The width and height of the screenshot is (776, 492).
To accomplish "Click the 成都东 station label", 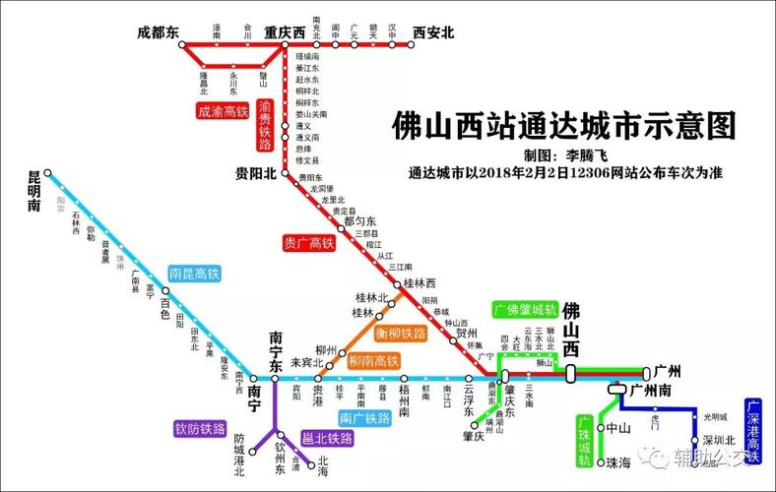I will pos(158,32).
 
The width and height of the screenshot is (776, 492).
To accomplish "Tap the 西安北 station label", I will pos(434,32).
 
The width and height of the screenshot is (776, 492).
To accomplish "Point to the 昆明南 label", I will pos(34,192).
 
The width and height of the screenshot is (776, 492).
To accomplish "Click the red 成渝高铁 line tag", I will pos(223,111).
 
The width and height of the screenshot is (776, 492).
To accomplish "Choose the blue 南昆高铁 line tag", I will pos(194,274).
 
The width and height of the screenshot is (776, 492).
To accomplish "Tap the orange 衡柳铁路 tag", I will pos(401,334).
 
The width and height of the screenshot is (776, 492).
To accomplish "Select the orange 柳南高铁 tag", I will pos(373,362).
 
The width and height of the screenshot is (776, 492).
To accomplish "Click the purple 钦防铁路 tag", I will pos(189,428).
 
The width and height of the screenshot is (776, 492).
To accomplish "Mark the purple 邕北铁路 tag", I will pos(328,439).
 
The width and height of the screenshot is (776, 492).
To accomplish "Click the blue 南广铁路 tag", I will pos(364,419).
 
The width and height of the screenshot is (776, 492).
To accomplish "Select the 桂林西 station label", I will pos(420,283).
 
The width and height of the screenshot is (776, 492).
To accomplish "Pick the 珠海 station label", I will pos(618,461).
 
